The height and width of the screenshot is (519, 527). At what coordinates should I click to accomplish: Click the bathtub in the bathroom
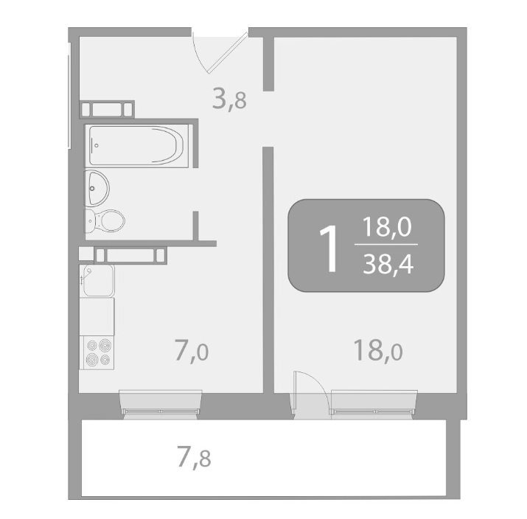coord(136,145)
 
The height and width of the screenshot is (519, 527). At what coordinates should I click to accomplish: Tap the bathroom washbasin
coord(97,188)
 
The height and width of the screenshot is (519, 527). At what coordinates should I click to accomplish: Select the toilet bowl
coord(105,221)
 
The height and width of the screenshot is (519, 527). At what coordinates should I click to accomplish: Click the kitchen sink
coord(98,280)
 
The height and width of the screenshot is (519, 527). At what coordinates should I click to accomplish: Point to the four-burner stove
coord(97,352)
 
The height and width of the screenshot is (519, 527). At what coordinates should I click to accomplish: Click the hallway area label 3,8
coord(229,100)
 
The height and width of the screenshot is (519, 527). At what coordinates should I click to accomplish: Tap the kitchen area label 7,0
coord(192,351)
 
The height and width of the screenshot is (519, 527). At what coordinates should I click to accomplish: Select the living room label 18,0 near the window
coord(378,350)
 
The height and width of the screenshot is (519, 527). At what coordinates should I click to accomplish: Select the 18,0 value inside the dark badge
coord(387,227)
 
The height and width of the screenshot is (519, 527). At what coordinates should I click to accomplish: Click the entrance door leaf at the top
coord(228,52)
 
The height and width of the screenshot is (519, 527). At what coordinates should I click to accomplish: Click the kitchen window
coord(161,405)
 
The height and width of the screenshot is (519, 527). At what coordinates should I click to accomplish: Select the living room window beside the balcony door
coord(374,405)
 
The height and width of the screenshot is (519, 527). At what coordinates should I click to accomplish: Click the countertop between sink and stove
coord(97,316)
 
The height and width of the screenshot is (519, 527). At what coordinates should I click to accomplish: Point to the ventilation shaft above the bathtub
coord(107,109)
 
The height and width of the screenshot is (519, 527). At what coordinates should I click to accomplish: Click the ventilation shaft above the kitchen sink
coord(130,256)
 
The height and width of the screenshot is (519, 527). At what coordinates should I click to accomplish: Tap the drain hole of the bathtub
coord(97,145)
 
